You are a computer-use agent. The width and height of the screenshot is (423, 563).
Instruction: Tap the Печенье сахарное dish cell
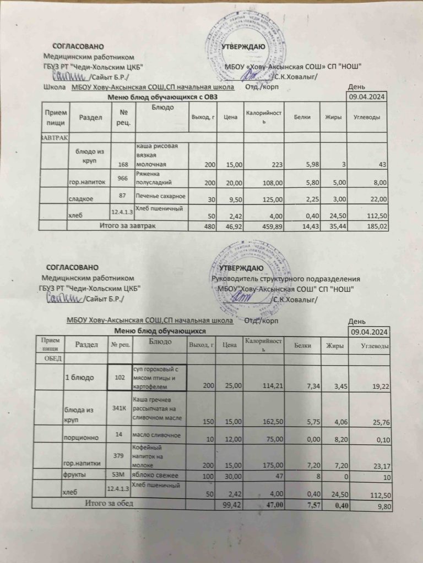[161, 196]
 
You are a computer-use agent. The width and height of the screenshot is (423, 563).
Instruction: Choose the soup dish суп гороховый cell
[158, 378]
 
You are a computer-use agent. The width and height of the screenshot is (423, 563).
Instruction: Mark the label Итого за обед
[108, 503]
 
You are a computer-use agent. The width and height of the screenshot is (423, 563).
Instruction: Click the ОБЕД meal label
[50, 358]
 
